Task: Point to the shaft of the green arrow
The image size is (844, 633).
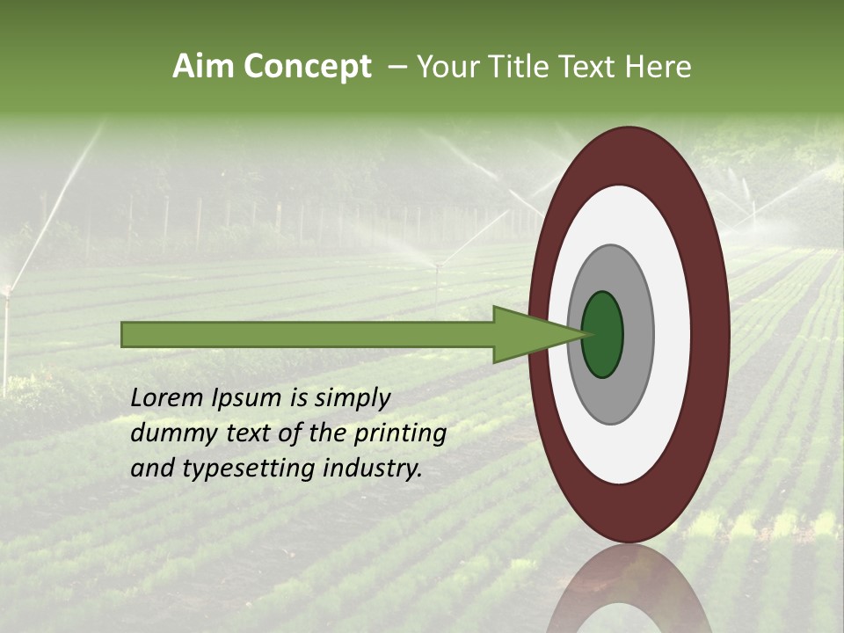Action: [x=308, y=334]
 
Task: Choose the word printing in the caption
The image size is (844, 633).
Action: [x=401, y=434]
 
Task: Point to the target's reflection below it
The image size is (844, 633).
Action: [x=629, y=589]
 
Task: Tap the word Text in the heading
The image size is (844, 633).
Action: [x=589, y=67]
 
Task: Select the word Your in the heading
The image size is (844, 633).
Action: [x=446, y=67]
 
